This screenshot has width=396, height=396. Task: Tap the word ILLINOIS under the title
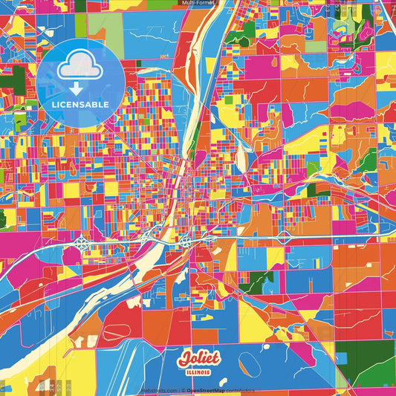pos(198,372)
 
